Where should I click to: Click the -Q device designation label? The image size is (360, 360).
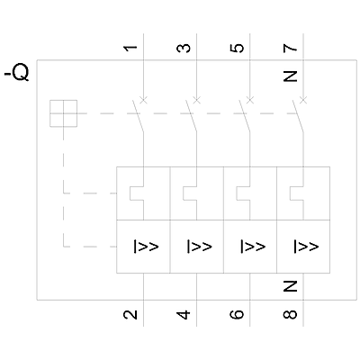click(x=17, y=73)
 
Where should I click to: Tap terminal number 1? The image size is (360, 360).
click(x=130, y=48)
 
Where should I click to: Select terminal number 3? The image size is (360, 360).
click(x=184, y=48)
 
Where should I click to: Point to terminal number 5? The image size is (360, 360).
click(x=237, y=48)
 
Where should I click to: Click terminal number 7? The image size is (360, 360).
click(x=290, y=48)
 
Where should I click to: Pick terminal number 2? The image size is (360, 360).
click(x=130, y=314)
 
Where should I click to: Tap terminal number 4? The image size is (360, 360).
click(x=184, y=314)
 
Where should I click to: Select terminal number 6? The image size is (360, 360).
click(x=237, y=314)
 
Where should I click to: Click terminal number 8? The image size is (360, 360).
click(x=290, y=314)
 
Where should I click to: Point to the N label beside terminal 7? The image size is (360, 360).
click(x=290, y=76)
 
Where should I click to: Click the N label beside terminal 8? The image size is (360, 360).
click(x=290, y=286)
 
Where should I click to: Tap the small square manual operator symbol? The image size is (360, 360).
click(x=63, y=113)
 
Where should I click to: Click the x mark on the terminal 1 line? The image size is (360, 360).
click(x=144, y=100)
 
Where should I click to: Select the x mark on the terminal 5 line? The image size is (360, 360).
click(x=250, y=100)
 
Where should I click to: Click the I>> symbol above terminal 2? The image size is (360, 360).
click(x=146, y=247)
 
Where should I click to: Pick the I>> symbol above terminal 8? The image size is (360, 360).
click(x=306, y=247)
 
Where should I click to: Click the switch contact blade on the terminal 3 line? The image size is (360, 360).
click(x=191, y=115)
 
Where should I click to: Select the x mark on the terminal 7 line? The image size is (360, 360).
click(x=303, y=100)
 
